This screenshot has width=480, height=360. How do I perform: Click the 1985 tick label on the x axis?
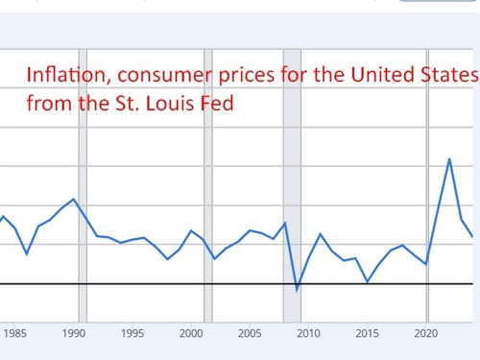tap(15, 334)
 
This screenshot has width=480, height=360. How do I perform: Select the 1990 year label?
tap(74, 334)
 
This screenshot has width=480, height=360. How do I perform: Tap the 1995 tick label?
tap(132, 334)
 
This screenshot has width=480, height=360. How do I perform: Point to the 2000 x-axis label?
tap(191, 334)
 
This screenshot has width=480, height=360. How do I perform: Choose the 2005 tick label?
tap(250, 334)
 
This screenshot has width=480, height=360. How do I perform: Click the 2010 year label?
tap(308, 334)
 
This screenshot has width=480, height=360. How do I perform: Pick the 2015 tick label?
tap(367, 334)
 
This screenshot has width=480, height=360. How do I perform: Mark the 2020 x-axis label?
tap(426, 334)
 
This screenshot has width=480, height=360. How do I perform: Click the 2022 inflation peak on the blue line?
tap(449, 158)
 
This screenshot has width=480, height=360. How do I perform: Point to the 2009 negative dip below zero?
tap(297, 289)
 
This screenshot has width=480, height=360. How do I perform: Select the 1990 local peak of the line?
tap(74, 199)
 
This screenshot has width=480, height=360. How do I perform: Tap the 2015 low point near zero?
tap(367, 281)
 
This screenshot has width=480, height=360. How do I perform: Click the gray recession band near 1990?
tap(83, 182)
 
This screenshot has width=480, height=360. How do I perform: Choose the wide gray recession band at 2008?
tap(291, 182)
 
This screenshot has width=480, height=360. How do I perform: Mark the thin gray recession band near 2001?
tap(207, 182)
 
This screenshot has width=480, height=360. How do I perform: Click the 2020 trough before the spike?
tap(426, 263)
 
